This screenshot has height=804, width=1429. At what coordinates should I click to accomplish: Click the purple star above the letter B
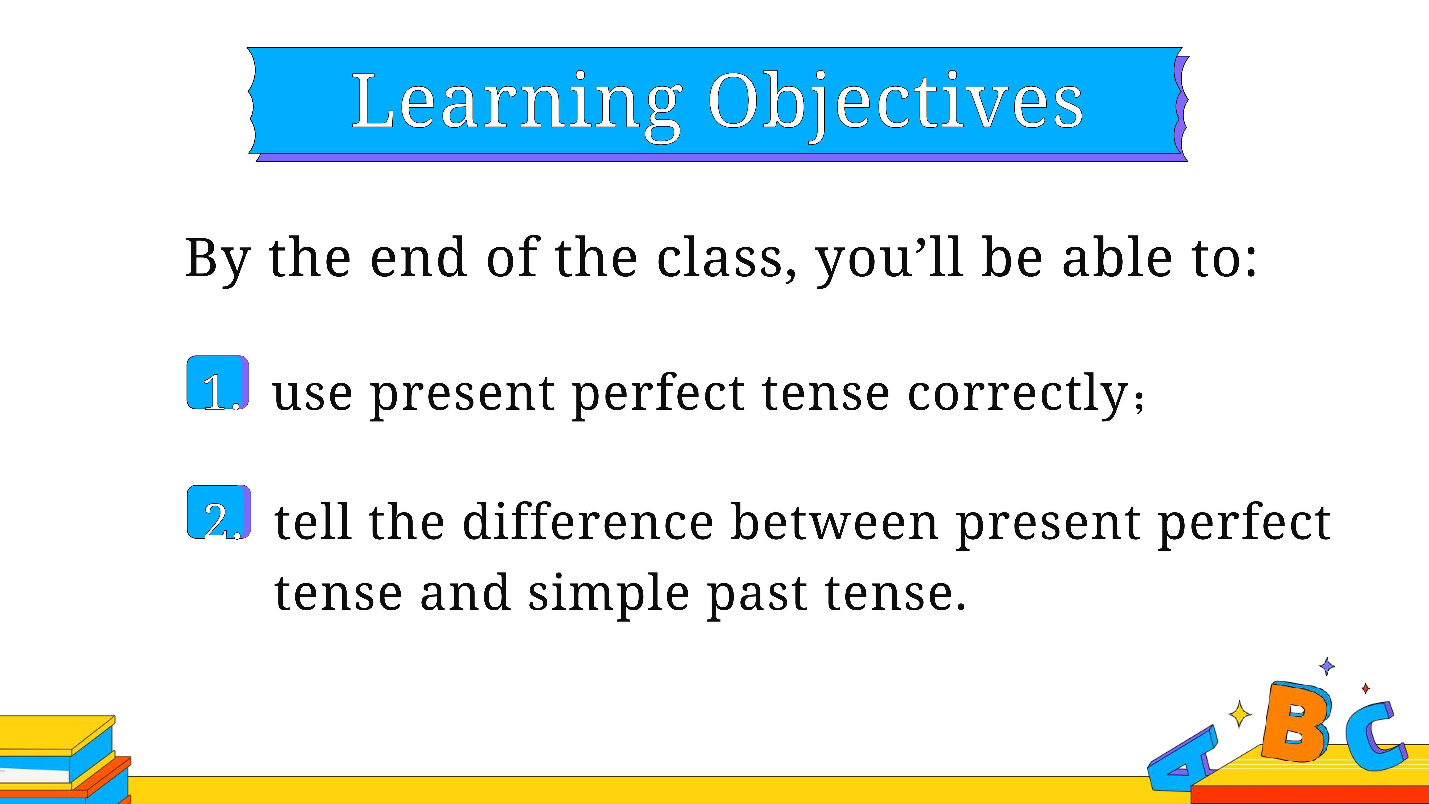pos(1326,666)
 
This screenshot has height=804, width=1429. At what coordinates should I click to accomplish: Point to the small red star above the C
pos(1365,689)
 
